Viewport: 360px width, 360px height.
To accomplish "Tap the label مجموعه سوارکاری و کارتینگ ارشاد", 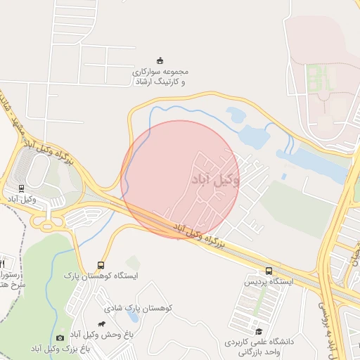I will tap(160, 77).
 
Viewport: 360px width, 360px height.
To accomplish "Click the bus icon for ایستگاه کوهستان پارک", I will tap(101, 266).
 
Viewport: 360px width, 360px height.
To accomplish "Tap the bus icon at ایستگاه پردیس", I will tap(269, 271).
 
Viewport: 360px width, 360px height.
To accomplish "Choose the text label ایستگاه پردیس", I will tap(268, 281).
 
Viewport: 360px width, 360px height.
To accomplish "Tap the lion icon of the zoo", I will tap(103, 324).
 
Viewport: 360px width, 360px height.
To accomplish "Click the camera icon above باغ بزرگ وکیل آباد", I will tap(59, 338).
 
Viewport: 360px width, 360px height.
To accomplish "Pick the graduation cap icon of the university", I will tap(258, 332).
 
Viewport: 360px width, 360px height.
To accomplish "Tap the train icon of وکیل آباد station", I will tap(21, 188).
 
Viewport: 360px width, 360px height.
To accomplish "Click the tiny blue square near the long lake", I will tap(284, 176).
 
